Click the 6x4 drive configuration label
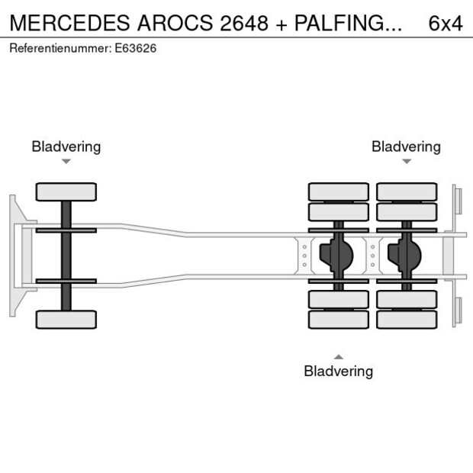tap(446, 23)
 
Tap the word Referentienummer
tap(60, 48)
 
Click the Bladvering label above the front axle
tap(66, 146)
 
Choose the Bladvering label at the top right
tap(406, 146)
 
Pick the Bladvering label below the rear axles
tap(338, 372)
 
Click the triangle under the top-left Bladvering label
tap(66, 162)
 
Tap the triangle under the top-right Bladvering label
tap(407, 162)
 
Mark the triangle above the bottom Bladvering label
tap(339, 356)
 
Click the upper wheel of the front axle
tap(66, 191)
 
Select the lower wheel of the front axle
tap(66, 319)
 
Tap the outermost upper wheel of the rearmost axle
tap(407, 191)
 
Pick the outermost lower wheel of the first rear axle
tap(339, 319)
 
